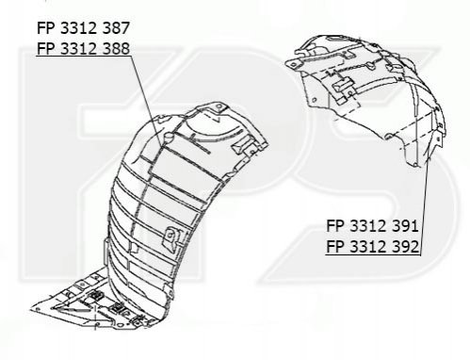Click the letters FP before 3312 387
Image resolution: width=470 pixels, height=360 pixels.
pos(45,28)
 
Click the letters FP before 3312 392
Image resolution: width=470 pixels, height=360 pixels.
pos(334,246)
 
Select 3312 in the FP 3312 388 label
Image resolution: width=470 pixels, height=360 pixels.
pos(77,49)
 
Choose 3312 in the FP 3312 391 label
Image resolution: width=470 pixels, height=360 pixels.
pos(367,226)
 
